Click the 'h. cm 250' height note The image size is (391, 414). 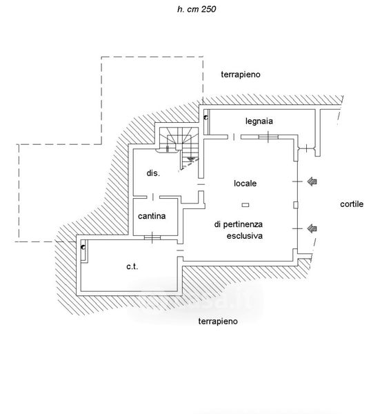[197, 9]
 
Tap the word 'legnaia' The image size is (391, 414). [259, 121]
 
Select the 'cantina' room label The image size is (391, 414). [152, 216]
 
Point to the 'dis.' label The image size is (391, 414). [153, 173]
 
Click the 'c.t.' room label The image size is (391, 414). [132, 266]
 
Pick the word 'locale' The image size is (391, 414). [245, 184]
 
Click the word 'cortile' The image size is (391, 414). [352, 204]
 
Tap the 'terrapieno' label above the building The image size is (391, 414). [241, 75]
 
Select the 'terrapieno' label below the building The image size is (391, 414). [218, 322]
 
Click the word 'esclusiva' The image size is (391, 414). [245, 236]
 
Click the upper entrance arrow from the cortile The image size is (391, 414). [312, 181]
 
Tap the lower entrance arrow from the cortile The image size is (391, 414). [312, 228]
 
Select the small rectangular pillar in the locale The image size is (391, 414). [245, 205]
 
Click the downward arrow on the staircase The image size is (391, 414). [190, 159]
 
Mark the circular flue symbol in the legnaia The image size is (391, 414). [205, 118]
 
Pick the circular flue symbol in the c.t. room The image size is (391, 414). [83, 248]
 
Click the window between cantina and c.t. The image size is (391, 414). [152, 237]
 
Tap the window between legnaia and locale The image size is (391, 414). [268, 137]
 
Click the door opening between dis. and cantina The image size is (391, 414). [153, 197]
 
